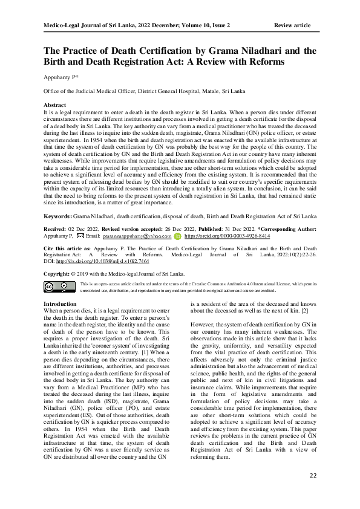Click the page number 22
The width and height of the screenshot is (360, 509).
pos(312,476)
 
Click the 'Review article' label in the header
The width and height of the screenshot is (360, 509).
pos(292,25)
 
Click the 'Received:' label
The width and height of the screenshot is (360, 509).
pos(54,247)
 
